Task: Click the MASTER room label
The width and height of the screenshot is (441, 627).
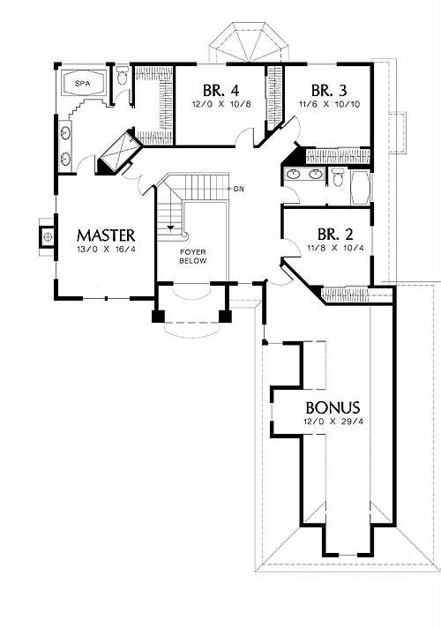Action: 106,235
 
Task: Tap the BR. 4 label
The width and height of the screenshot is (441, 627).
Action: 220,90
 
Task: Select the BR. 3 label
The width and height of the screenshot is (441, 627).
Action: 329,90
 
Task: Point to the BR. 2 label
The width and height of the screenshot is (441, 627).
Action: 335,234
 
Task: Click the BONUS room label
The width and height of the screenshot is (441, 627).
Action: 333,407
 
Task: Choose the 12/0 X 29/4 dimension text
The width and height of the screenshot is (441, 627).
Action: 333,421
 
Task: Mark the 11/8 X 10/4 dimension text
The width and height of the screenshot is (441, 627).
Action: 335,248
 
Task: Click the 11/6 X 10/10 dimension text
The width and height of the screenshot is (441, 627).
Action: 330,104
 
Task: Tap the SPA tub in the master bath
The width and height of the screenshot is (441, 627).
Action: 83,84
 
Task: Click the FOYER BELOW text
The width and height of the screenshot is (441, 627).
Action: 192,257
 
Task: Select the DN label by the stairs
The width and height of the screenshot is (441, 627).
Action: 239,189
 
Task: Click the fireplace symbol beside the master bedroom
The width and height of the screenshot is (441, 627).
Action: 48,236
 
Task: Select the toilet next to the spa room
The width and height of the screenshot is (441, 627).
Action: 122,75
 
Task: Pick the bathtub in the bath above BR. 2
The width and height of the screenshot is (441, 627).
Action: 360,188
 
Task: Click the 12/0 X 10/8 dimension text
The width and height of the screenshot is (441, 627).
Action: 221,104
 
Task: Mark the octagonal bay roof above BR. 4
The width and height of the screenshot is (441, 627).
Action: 249,42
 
